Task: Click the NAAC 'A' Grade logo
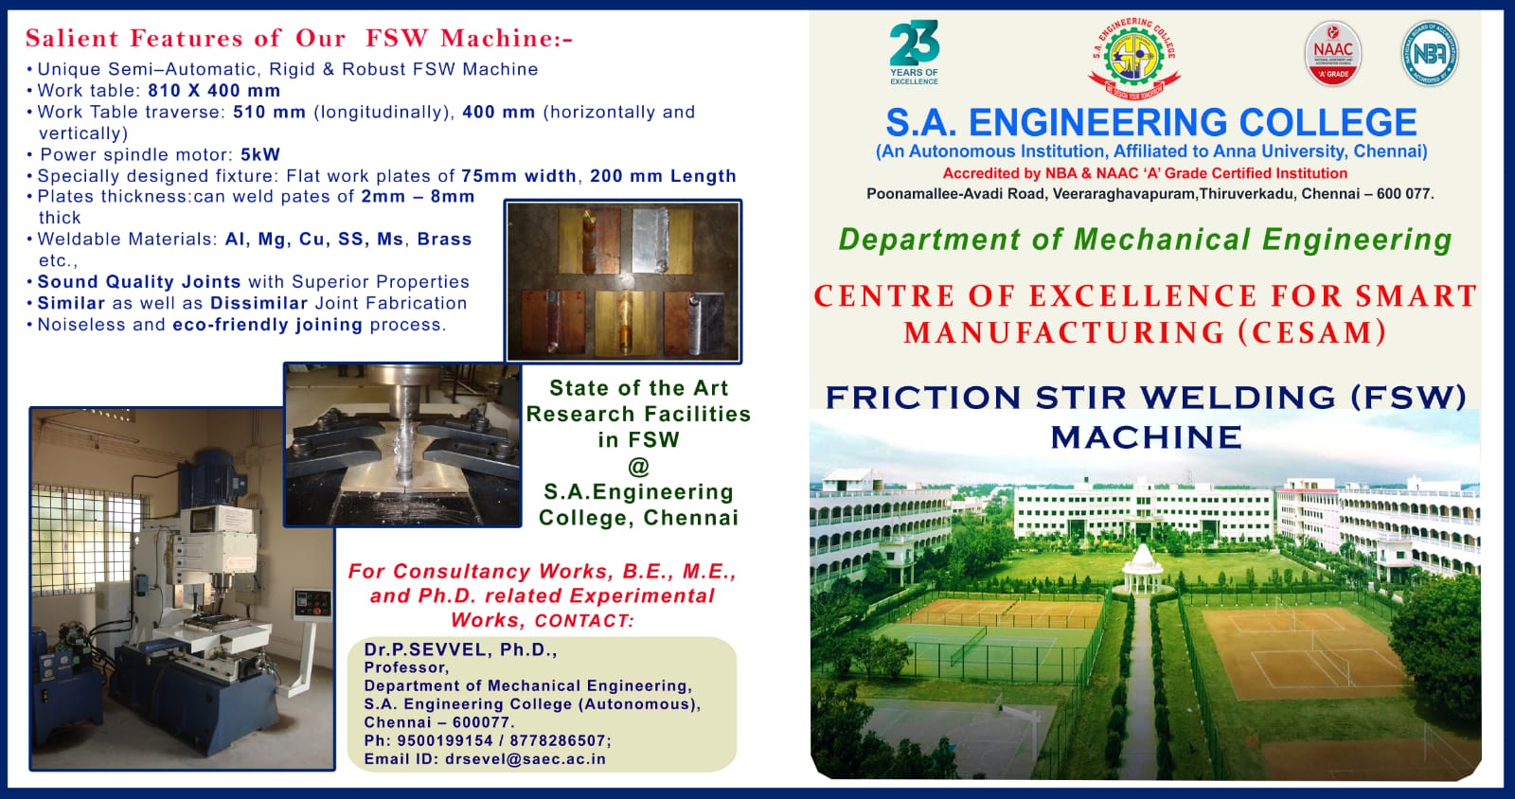[1332, 54]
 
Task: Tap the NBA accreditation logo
[1430, 53]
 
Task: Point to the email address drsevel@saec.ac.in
[526, 759]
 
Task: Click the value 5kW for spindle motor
[260, 155]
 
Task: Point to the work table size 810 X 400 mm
[214, 91]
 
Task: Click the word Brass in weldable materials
[444, 240]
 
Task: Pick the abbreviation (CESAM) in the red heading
[1312, 332]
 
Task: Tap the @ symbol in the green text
[638, 467]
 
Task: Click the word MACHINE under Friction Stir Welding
[1146, 437]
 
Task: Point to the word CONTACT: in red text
[584, 620]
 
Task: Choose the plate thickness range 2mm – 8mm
[418, 197]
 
